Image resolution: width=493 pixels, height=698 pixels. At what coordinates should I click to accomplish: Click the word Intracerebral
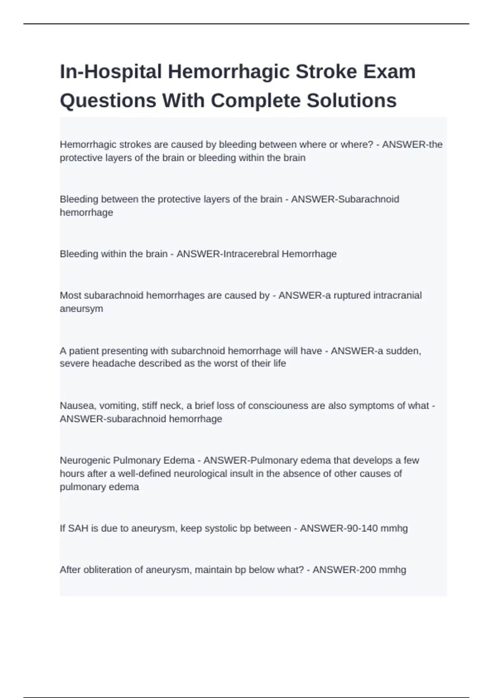[250, 254]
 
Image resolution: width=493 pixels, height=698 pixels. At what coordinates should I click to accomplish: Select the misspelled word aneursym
[81, 309]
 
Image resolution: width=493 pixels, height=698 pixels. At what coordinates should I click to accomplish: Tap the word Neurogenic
[85, 460]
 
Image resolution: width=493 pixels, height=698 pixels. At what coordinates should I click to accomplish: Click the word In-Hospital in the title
[111, 71]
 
